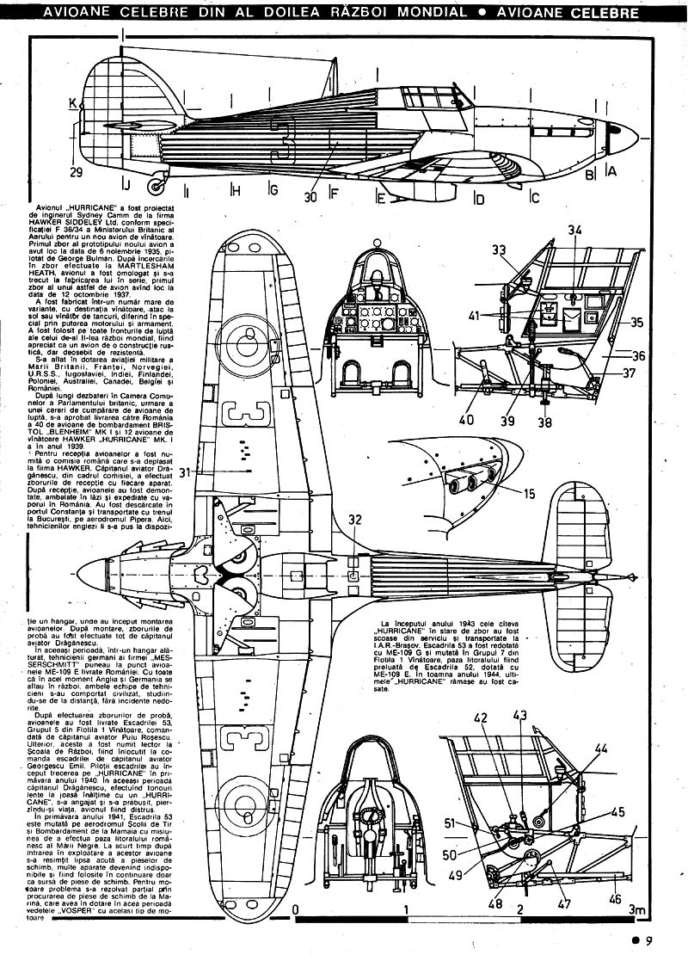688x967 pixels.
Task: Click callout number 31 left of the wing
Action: (x=206, y=470)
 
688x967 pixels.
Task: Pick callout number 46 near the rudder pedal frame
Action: (x=613, y=899)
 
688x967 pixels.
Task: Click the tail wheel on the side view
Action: (x=156, y=182)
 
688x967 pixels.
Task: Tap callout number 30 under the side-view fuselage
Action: (x=310, y=196)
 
